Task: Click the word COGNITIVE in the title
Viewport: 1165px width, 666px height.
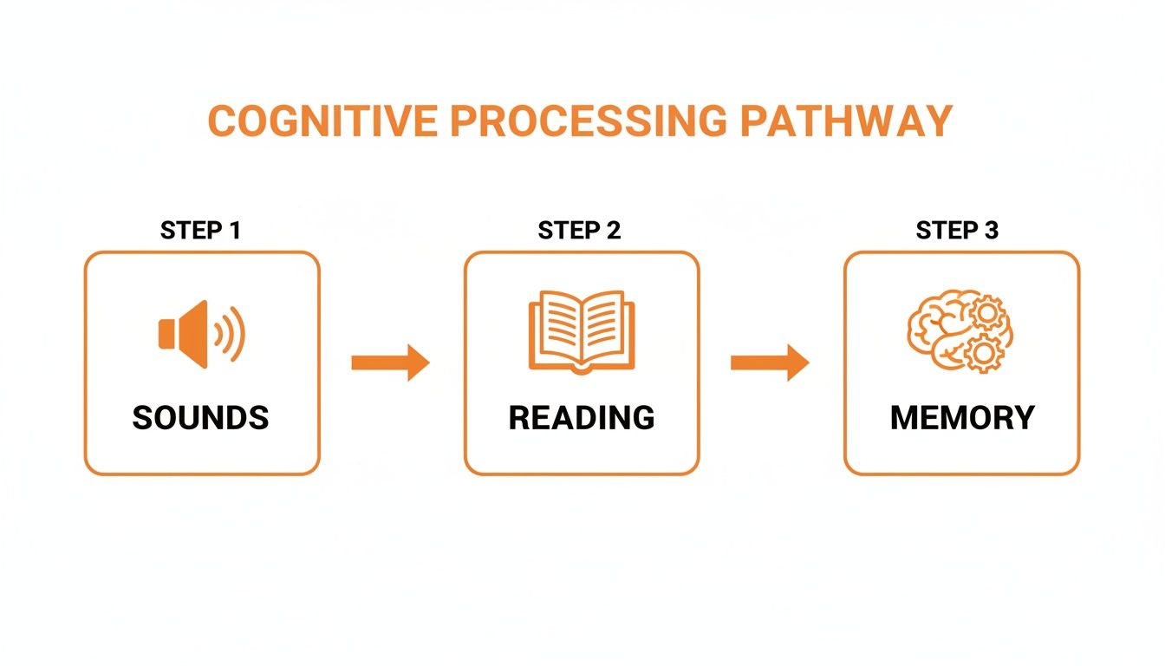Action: [323, 121]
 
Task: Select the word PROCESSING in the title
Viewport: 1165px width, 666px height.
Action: [588, 121]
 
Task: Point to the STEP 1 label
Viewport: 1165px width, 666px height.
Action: [200, 231]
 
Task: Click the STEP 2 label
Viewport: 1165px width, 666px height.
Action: [579, 231]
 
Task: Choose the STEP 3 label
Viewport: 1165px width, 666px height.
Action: [957, 231]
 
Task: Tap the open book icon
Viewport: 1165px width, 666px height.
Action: [582, 332]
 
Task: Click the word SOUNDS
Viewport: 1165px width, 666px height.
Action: [200, 418]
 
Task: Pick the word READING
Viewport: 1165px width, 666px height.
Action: [581, 418]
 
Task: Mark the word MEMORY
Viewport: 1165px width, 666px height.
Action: [962, 418]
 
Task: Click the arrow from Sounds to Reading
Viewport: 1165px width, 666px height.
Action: [390, 362]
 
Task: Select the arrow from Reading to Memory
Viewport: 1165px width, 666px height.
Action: [770, 362]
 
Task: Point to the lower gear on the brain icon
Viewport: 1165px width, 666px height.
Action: [981, 353]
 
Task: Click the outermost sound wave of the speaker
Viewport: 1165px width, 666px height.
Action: [238, 334]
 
